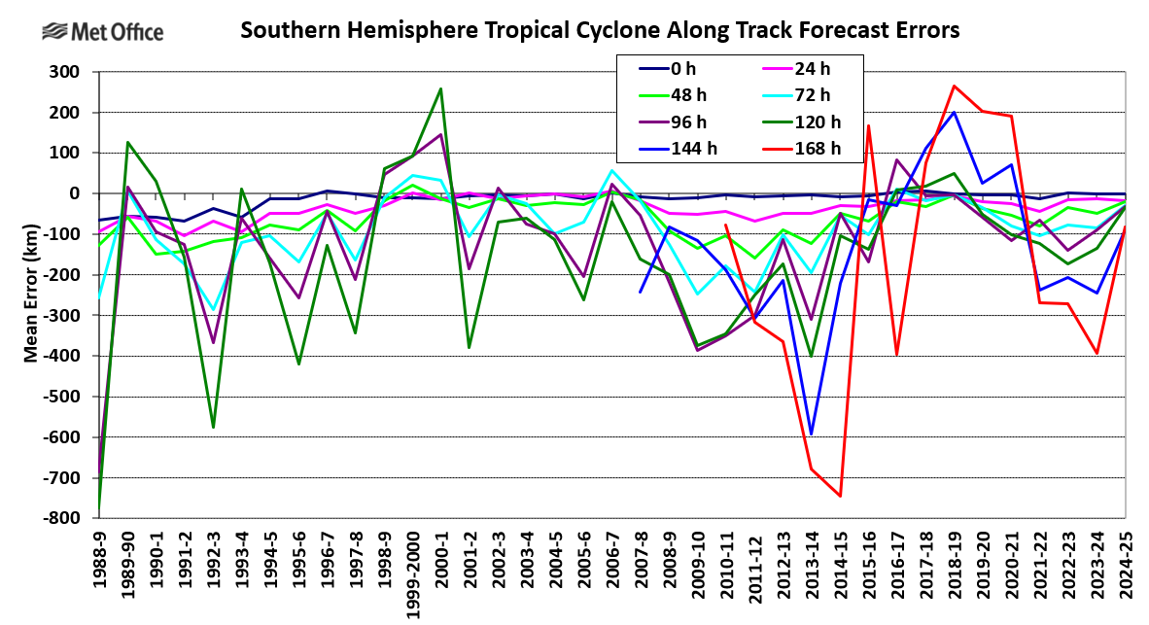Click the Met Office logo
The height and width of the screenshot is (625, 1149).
click(x=102, y=32)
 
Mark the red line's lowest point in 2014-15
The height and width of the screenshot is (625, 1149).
click(x=840, y=496)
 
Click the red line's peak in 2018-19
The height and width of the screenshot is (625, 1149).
click(x=955, y=86)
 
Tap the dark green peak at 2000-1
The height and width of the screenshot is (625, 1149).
click(x=440, y=88)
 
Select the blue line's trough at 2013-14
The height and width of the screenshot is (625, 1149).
click(x=812, y=434)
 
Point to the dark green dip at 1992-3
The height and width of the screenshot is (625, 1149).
click(x=212, y=428)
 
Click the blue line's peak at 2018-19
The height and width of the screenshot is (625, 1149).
click(x=955, y=112)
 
